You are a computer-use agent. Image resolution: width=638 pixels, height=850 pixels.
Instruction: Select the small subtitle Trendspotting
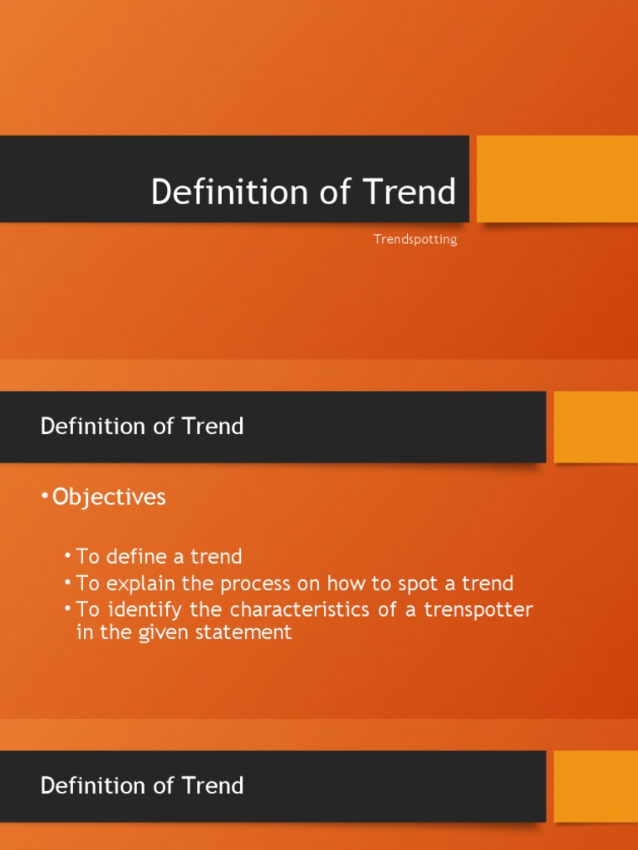point(415,240)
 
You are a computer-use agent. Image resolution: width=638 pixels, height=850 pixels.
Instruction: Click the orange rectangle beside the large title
point(557,178)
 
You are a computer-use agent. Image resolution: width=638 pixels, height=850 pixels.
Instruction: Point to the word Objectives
point(109,497)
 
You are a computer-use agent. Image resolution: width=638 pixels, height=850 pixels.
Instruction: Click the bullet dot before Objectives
point(45,497)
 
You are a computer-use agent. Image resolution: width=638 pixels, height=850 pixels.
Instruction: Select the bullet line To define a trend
point(159,556)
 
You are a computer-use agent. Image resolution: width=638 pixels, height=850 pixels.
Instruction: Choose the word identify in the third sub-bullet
point(131,609)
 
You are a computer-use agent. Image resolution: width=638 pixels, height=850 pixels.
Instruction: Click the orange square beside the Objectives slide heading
point(596,427)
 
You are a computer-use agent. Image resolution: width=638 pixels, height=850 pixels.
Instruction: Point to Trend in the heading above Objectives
point(213,427)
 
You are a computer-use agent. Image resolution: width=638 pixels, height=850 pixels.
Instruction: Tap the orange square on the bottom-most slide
point(596,785)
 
